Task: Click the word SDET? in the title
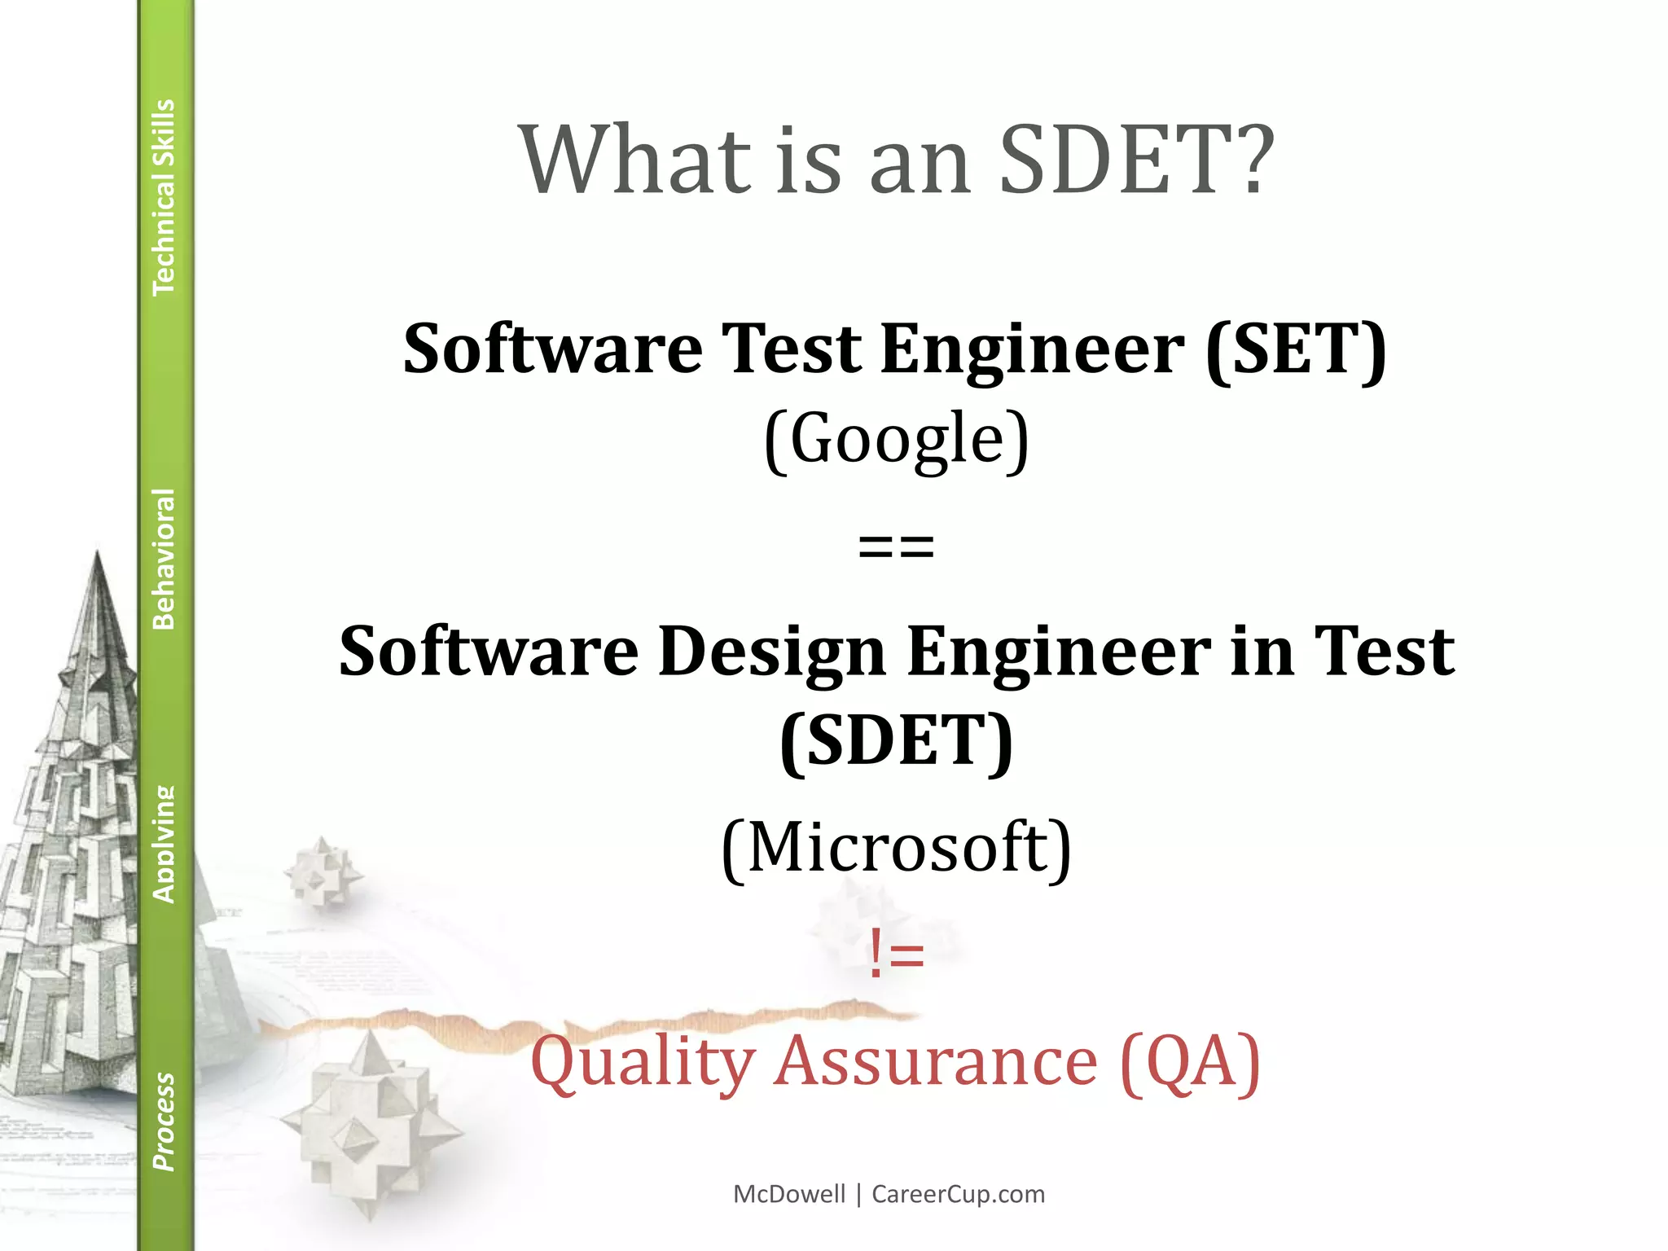point(1136,160)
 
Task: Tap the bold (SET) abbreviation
point(1296,349)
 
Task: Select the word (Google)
point(897,439)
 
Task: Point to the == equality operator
point(896,546)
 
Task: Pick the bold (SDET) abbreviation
point(897,741)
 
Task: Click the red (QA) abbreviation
point(1190,1062)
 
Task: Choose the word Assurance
point(937,1062)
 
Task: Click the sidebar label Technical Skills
point(164,197)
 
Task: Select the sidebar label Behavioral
point(164,559)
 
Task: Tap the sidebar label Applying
point(164,845)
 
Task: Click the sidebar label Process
point(164,1122)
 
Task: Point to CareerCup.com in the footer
point(958,1194)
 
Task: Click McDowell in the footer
point(789,1194)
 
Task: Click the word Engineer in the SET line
point(1032,349)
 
